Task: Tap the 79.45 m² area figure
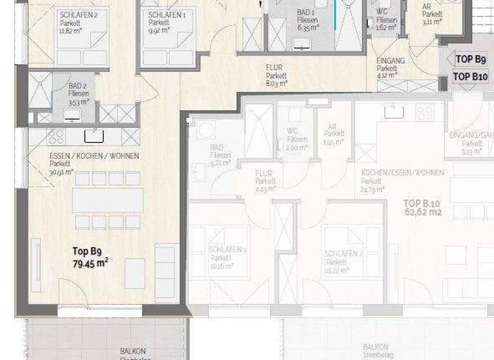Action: pyautogui.click(x=90, y=262)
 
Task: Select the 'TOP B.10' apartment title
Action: pyautogui.click(x=422, y=204)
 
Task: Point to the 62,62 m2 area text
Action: pyautogui.click(x=422, y=213)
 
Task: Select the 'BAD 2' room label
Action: pyautogui.click(x=78, y=85)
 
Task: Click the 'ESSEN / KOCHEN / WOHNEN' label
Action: pyautogui.click(x=94, y=156)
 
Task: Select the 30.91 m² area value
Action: pyautogui.click(x=62, y=172)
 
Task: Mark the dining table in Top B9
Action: pyautogui.click(x=107, y=201)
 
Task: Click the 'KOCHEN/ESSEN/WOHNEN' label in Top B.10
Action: pyautogui.click(x=394, y=174)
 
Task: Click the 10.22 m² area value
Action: pyautogui.click(x=337, y=271)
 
